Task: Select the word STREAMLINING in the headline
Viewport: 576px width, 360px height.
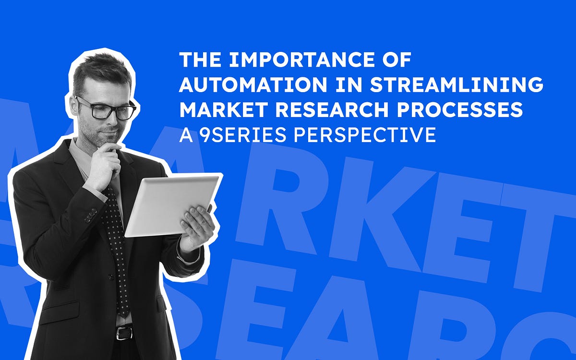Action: (456, 85)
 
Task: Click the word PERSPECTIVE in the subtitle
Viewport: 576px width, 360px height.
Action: (365, 135)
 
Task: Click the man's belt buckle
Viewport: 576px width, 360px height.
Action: (124, 332)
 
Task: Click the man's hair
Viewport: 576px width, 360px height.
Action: (101, 72)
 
